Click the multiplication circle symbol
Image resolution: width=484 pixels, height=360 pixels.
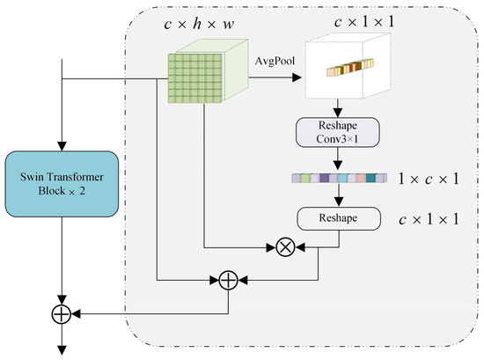click(x=284, y=247)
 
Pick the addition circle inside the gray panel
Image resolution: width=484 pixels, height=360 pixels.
click(x=228, y=281)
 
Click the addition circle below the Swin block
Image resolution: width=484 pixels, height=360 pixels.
click(x=61, y=312)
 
